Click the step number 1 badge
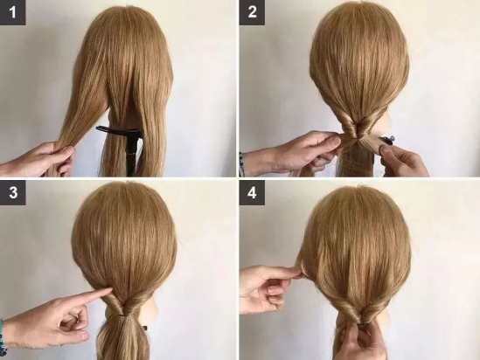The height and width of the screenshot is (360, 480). [12, 12]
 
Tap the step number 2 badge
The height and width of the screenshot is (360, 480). [252, 12]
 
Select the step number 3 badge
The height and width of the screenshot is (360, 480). [13, 193]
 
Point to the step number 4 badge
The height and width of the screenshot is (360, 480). [252, 193]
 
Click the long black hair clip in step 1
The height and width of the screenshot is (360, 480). [118, 131]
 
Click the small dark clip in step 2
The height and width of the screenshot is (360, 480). [389, 140]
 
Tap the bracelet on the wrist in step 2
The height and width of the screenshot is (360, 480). [242, 164]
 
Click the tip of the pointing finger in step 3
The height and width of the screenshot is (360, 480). [110, 287]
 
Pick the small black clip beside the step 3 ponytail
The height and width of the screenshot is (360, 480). [145, 328]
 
